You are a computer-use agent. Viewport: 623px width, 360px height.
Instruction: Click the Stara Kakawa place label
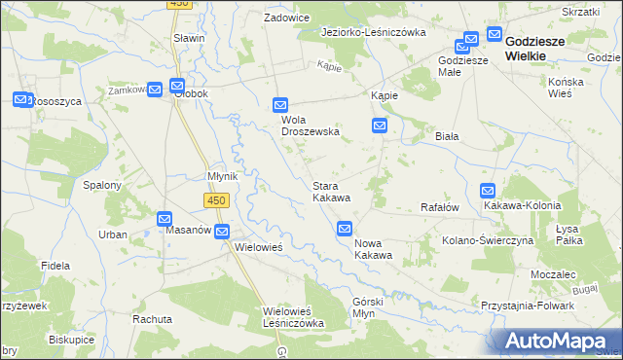point(331,191)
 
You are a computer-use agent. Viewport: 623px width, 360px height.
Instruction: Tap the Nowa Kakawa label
point(373,248)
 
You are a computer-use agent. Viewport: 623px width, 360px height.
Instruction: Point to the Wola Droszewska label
point(310,125)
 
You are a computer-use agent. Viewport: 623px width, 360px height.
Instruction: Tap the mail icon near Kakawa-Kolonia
point(488,192)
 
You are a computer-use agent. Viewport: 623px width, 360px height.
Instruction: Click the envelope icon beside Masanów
point(165,220)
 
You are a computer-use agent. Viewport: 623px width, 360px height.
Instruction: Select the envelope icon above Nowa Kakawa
point(345,229)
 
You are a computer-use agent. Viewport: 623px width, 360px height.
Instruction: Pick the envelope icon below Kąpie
point(380,126)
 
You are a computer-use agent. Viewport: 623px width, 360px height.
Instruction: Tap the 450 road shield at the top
point(177,4)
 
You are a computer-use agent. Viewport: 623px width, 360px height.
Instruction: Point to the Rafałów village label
point(438,206)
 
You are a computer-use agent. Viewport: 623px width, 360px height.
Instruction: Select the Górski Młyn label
point(369,307)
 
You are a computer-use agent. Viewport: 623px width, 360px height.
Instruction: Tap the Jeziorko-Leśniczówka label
point(375,32)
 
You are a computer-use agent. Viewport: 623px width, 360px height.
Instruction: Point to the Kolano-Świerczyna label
point(488,239)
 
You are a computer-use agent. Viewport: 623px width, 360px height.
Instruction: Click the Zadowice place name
point(288,18)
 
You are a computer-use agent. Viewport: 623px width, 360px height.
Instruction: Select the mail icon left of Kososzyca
point(21,99)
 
